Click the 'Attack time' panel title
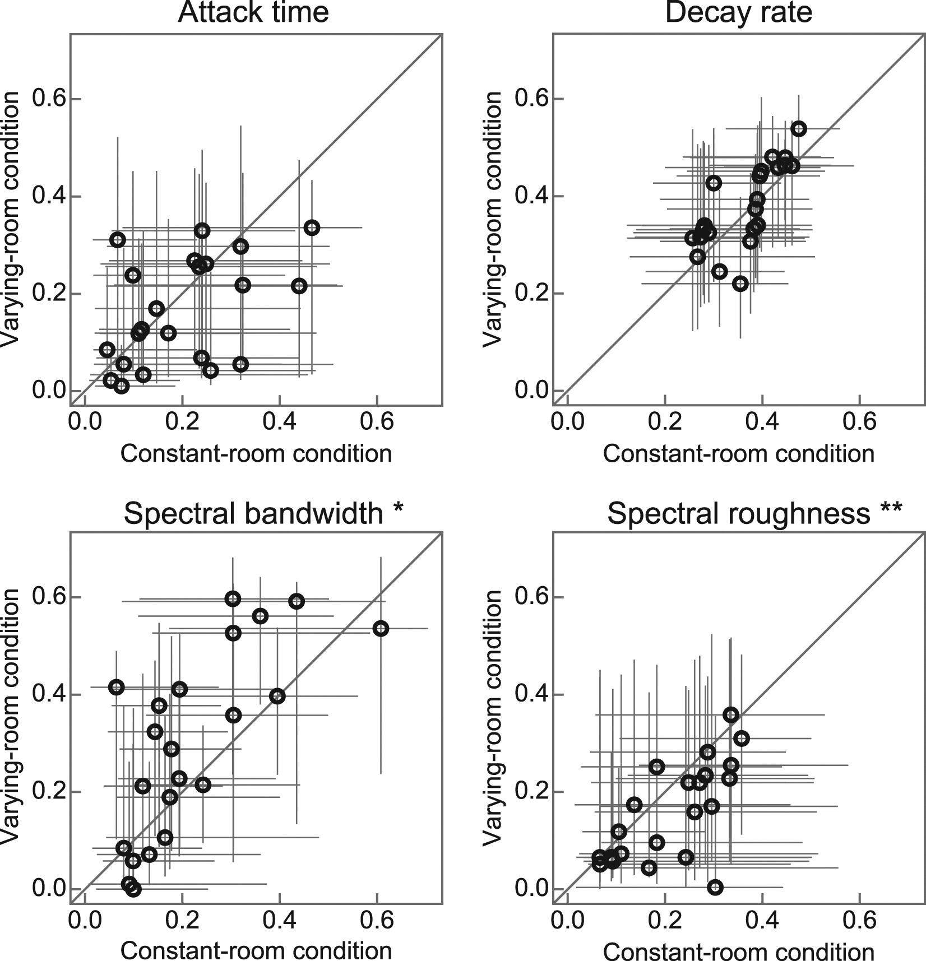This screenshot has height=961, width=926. point(253,12)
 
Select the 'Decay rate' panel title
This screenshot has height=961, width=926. point(738,12)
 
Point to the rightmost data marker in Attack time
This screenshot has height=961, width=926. point(312,228)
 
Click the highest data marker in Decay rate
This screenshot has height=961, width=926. point(799,129)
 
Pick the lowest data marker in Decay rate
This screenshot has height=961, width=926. point(740,284)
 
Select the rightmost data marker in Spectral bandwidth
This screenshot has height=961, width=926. point(381,629)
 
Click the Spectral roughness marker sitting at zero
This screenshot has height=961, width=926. point(715,887)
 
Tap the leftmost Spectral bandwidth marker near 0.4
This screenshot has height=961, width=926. point(116,687)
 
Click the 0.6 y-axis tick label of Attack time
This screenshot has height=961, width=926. point(49,99)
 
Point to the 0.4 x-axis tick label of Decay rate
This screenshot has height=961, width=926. point(762,421)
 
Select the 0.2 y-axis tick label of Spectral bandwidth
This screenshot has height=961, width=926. point(49,791)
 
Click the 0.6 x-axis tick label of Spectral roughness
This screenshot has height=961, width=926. point(859,920)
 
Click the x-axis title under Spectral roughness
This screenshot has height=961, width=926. point(738,951)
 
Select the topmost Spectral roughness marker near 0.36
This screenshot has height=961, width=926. point(730,715)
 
